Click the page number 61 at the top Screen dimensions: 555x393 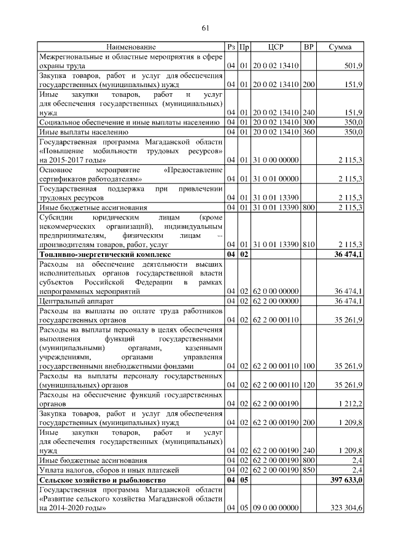(x=206, y=27)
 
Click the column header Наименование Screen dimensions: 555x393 (x=131, y=47)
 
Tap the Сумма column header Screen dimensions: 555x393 (x=340, y=47)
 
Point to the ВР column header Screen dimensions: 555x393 (x=308, y=47)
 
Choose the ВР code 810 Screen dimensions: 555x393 (x=308, y=245)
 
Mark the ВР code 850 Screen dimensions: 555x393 (x=308, y=470)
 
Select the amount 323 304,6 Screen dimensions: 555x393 (x=345, y=508)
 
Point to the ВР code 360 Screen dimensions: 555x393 (x=308, y=131)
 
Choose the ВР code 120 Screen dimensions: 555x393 (x=308, y=385)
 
